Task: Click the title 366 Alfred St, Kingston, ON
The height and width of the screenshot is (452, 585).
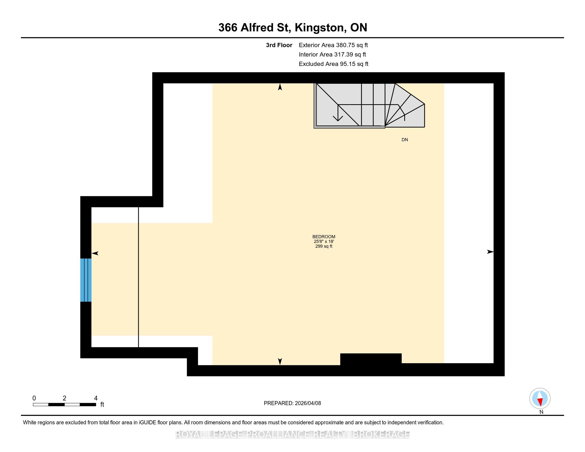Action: coord(292,28)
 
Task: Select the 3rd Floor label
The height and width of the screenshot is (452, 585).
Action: coord(279,45)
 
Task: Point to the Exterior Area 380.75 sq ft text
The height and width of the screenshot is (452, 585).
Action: coord(333,45)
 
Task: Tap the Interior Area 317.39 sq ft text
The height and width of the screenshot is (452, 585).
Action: coord(332,55)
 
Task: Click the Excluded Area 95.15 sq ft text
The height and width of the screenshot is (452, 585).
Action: coord(333,64)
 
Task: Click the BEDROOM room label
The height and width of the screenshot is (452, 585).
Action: coord(324,237)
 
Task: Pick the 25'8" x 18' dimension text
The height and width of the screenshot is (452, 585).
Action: coord(324,241)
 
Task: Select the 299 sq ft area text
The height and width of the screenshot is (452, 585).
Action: coord(324,246)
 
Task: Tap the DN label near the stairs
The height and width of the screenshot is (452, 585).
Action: coord(405,140)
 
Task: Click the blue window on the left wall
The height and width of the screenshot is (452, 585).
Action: coord(86,280)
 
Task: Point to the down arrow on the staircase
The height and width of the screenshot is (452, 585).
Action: coord(338,113)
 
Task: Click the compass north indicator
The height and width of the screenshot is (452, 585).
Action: coord(540,399)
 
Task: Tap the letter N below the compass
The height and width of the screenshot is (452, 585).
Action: coord(541,412)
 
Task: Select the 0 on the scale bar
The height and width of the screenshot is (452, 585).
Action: coord(34,398)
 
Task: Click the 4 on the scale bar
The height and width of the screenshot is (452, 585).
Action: coord(96,398)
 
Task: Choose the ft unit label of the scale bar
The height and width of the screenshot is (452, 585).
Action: coord(102,404)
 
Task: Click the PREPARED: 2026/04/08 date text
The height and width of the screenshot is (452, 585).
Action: coord(292,403)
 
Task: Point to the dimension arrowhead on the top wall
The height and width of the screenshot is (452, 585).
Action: coord(280,87)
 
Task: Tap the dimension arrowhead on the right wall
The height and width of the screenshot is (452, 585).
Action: coord(490,252)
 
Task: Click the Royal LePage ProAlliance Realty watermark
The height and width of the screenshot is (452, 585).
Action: coord(292,434)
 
